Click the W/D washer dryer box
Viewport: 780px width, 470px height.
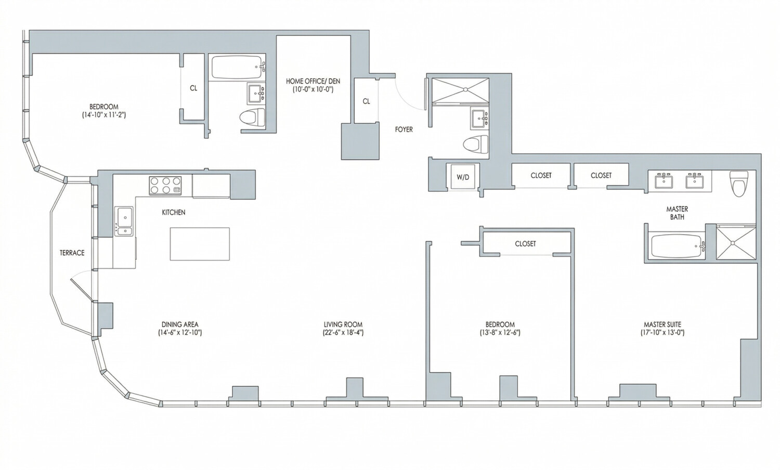pyautogui.click(x=462, y=177)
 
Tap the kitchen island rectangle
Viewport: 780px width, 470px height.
pyautogui.click(x=200, y=244)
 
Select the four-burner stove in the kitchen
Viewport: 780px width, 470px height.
pyautogui.click(x=165, y=186)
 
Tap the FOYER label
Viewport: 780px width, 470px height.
pyautogui.click(x=404, y=129)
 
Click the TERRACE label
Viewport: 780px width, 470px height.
pyautogui.click(x=72, y=253)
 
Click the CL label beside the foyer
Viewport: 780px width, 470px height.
pyautogui.click(x=366, y=101)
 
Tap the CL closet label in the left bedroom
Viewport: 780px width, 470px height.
pyautogui.click(x=193, y=88)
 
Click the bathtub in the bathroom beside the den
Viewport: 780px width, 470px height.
pyautogui.click(x=237, y=68)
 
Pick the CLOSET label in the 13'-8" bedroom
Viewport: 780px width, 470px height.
pyautogui.click(x=525, y=244)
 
